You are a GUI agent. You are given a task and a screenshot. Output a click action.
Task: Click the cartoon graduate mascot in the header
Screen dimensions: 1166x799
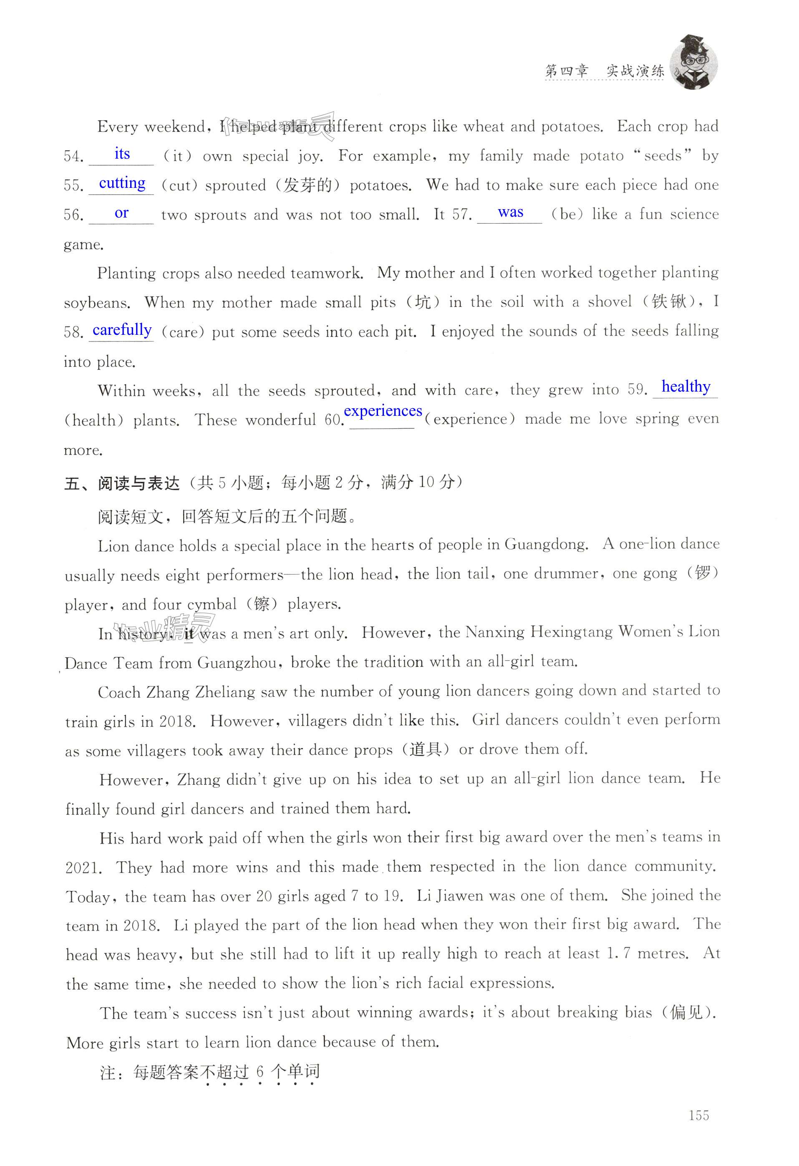[694, 62]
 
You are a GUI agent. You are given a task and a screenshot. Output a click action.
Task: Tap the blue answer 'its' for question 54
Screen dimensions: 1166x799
[122, 154]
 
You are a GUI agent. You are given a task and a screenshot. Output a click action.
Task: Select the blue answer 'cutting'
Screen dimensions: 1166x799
[122, 183]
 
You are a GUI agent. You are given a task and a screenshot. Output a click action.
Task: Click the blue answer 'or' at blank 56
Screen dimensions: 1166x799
[121, 213]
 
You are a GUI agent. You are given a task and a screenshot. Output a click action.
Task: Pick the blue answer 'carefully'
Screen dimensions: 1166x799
[122, 330]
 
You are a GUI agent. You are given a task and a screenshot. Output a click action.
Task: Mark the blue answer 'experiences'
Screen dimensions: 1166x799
[383, 410]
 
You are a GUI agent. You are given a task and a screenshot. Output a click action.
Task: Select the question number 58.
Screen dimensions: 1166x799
[74, 332]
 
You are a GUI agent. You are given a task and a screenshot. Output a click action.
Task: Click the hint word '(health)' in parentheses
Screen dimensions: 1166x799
[94, 420]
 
